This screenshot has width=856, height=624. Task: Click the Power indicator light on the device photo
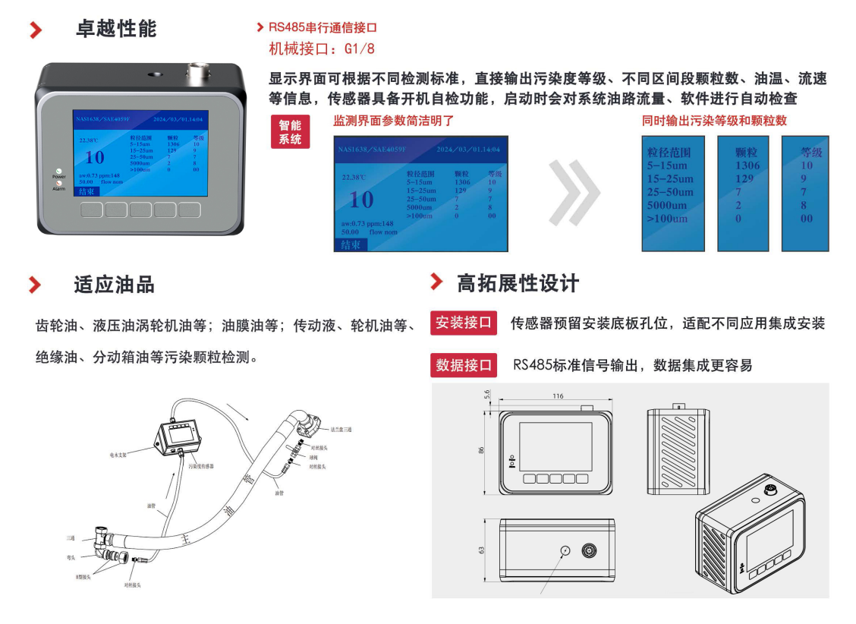point(58,171)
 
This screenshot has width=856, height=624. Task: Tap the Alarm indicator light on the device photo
point(58,183)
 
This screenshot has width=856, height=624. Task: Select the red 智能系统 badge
point(290,132)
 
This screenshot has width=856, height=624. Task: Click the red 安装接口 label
point(464,323)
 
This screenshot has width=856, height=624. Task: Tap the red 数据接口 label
point(464,365)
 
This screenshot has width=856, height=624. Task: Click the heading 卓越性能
point(116,29)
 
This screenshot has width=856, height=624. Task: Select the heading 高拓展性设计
point(518,283)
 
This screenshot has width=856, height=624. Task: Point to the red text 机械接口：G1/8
point(322,49)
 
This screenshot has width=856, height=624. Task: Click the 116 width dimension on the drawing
point(558,396)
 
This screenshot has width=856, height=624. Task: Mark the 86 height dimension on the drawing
point(481,450)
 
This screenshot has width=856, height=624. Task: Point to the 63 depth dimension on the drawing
point(481,550)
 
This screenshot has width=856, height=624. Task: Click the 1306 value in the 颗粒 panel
point(747,165)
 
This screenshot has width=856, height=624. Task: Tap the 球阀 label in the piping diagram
point(313,458)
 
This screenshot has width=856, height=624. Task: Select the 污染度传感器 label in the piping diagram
point(201,466)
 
